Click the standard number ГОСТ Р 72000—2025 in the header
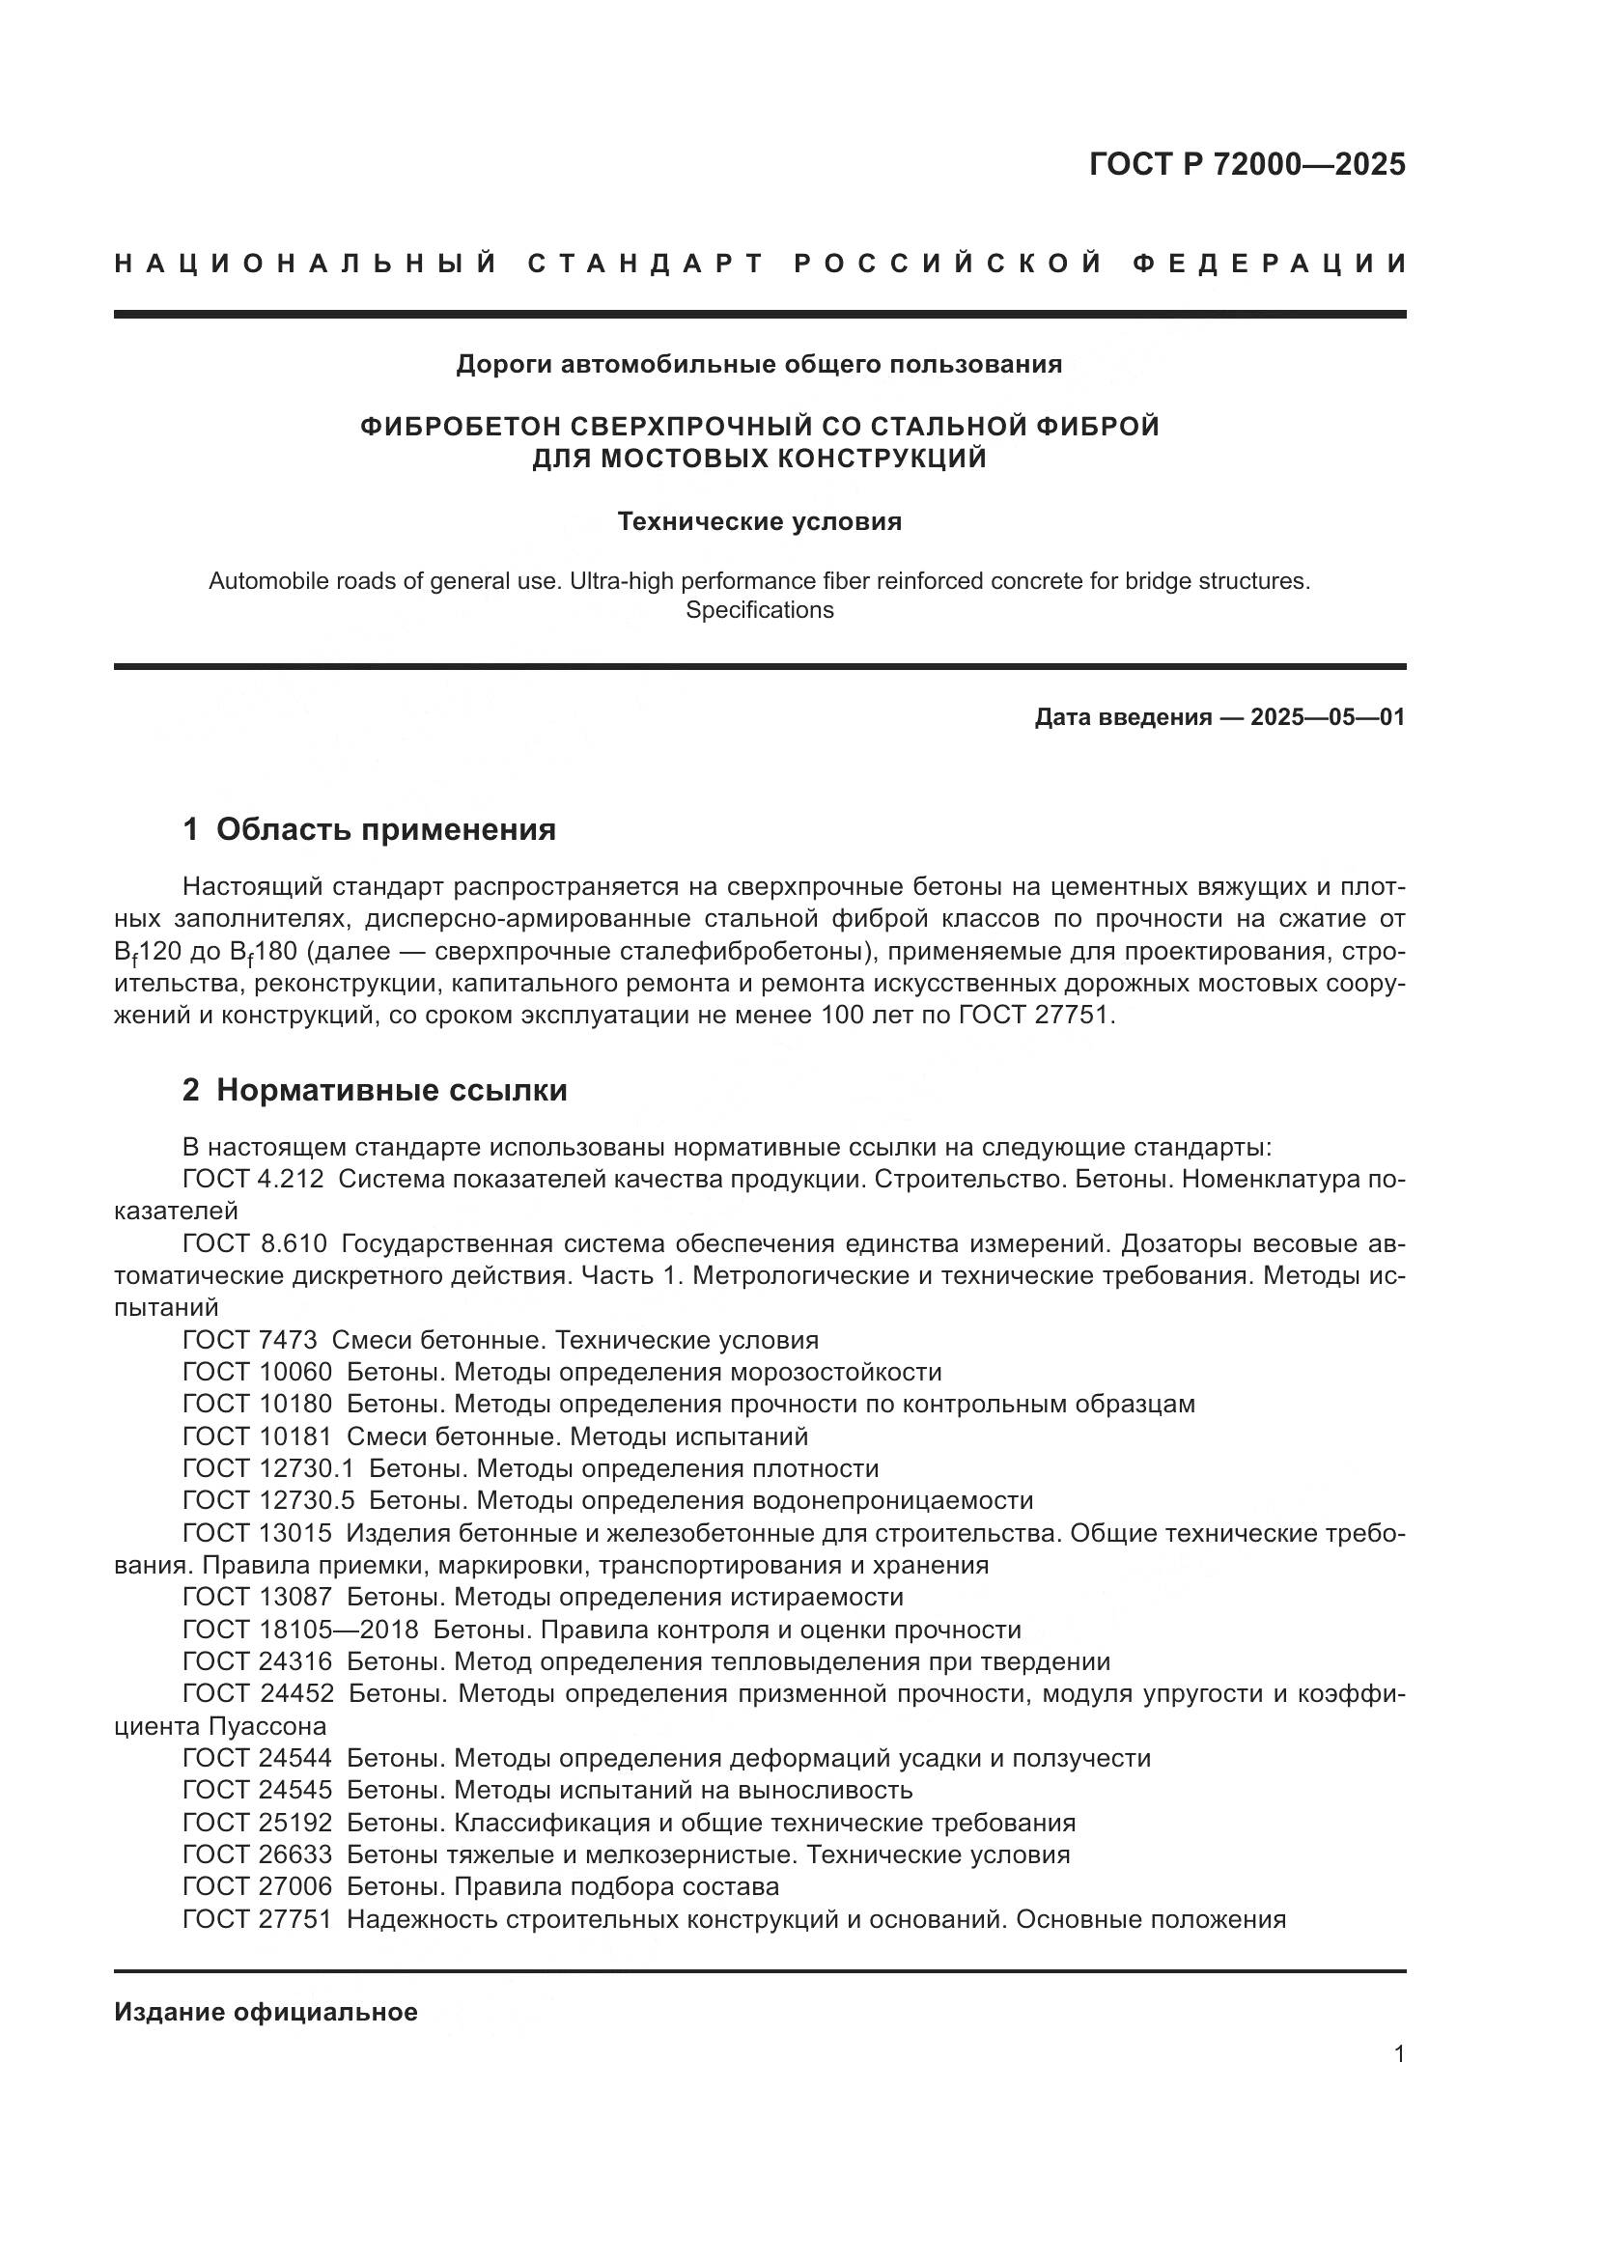(1247, 164)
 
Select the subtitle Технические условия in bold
(759, 521)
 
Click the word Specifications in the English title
(759, 610)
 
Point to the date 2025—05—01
(1328, 717)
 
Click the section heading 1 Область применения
(369, 829)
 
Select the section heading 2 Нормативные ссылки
(375, 1090)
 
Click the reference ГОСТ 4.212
(253, 1179)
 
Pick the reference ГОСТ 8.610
(254, 1244)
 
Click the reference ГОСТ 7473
(250, 1340)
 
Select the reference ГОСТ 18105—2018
(300, 1630)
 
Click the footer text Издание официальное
(266, 2012)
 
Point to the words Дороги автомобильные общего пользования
(759, 364)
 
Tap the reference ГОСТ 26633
(257, 1854)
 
